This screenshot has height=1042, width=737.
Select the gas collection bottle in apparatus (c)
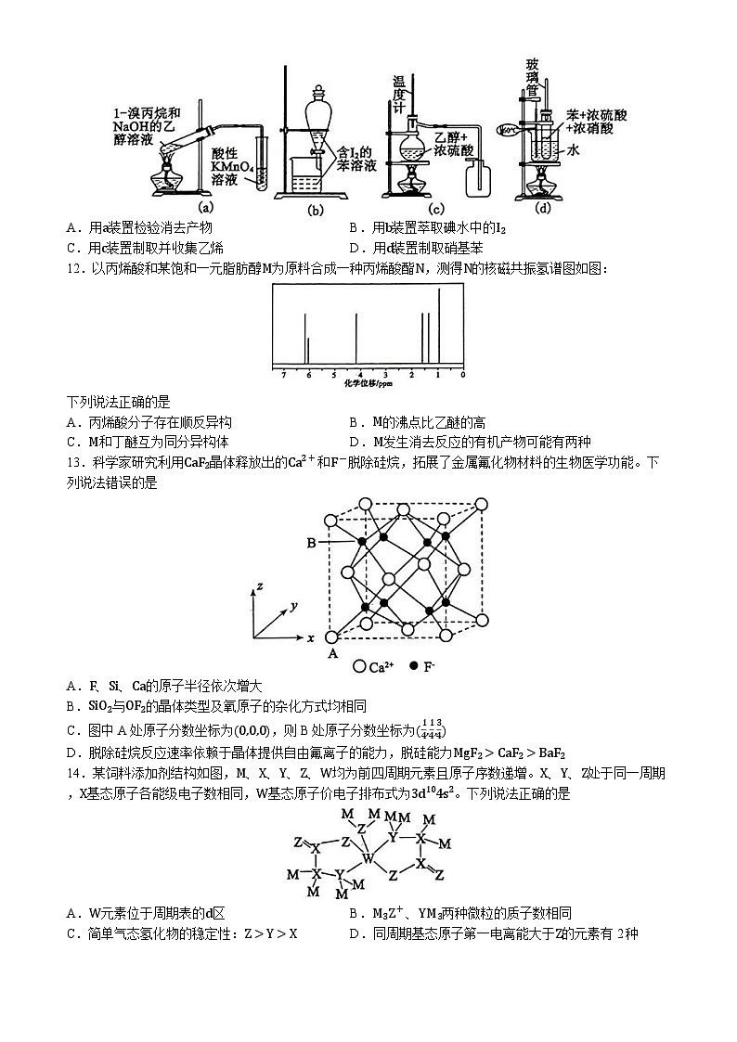(x=479, y=176)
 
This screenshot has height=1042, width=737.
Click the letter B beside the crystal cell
(x=312, y=543)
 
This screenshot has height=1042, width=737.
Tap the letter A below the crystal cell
(x=331, y=652)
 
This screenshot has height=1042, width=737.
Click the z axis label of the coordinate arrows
(x=261, y=586)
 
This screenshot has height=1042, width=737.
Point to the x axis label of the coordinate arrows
(x=311, y=638)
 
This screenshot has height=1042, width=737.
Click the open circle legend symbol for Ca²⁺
(x=359, y=666)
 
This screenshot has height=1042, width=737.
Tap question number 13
(x=76, y=462)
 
